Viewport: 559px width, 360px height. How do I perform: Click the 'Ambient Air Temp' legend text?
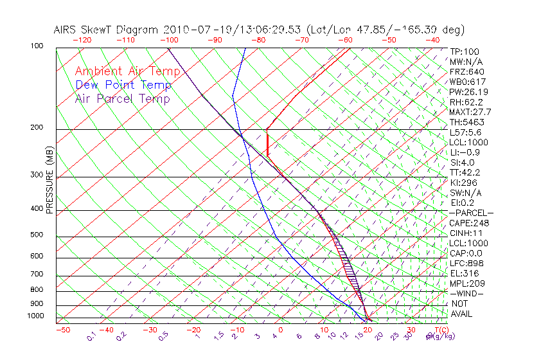tap(127, 71)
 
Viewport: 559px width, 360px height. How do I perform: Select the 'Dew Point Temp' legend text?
tap(123, 85)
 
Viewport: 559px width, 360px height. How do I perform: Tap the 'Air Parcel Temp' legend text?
tap(122, 98)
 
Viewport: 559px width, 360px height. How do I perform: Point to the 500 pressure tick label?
tap(36, 235)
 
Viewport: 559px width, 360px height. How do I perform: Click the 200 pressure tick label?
tap(36, 128)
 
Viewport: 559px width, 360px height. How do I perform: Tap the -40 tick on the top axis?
tap(432, 40)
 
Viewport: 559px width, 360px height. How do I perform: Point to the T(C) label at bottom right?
tap(441, 330)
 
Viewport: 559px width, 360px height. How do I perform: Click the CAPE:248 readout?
tap(469, 223)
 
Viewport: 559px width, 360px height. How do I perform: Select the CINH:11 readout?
tap(466, 233)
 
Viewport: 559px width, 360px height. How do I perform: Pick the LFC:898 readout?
tap(466, 264)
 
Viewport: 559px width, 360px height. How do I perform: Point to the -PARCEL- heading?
tap(471, 213)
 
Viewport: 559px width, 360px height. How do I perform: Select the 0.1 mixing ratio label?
tap(92, 336)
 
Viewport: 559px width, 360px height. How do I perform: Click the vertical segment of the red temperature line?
tap(267, 143)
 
